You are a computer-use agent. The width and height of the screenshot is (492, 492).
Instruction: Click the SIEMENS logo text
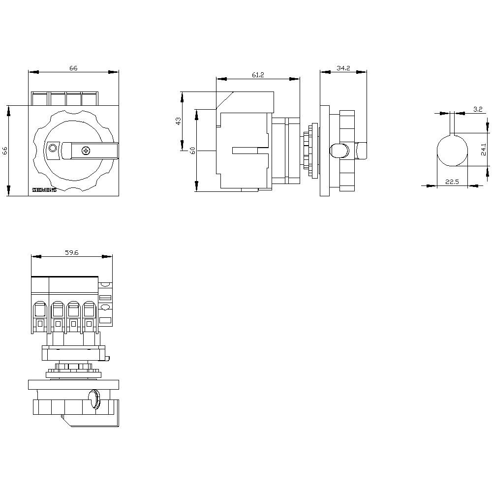click(x=44, y=190)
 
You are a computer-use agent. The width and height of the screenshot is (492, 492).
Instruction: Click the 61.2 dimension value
click(x=258, y=75)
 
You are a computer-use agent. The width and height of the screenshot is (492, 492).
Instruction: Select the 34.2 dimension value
click(x=343, y=68)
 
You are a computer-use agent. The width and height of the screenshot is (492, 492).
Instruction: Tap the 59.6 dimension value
click(x=72, y=253)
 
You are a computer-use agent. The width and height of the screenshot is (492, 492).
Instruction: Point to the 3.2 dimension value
click(x=477, y=109)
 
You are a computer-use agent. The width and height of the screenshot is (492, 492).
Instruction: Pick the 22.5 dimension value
click(x=452, y=182)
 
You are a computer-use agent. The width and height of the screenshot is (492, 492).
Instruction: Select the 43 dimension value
click(x=178, y=121)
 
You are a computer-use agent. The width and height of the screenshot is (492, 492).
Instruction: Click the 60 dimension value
click(x=193, y=151)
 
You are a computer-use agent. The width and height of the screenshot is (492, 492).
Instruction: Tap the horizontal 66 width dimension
click(x=73, y=68)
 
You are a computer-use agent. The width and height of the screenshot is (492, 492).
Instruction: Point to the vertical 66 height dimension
click(x=5, y=151)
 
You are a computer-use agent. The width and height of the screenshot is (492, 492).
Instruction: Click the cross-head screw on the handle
click(x=86, y=150)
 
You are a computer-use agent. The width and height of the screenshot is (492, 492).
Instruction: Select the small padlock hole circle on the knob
click(x=53, y=149)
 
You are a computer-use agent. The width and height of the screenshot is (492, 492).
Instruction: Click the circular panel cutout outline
click(x=453, y=150)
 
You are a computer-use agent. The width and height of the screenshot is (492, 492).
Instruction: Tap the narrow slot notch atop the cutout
click(x=453, y=125)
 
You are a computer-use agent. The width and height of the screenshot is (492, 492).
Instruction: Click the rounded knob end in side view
click(x=338, y=151)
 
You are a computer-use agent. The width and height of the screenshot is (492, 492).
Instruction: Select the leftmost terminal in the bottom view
click(x=39, y=316)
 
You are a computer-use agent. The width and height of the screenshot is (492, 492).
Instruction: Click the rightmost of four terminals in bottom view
click(x=89, y=316)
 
